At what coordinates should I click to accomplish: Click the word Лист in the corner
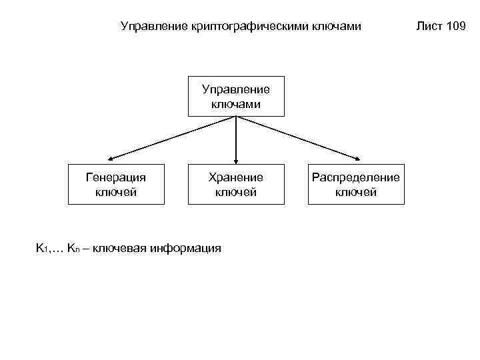(x=429, y=27)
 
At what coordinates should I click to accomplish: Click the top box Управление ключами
(x=236, y=97)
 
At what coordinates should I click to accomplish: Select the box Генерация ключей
(x=117, y=185)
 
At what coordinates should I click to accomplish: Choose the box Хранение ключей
(x=236, y=185)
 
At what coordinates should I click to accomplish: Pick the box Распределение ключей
(x=356, y=185)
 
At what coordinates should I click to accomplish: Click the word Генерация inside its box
(x=117, y=178)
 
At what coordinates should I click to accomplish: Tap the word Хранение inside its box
(x=236, y=178)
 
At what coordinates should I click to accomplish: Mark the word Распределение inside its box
(x=356, y=178)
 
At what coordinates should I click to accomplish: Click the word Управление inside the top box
(x=236, y=89)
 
